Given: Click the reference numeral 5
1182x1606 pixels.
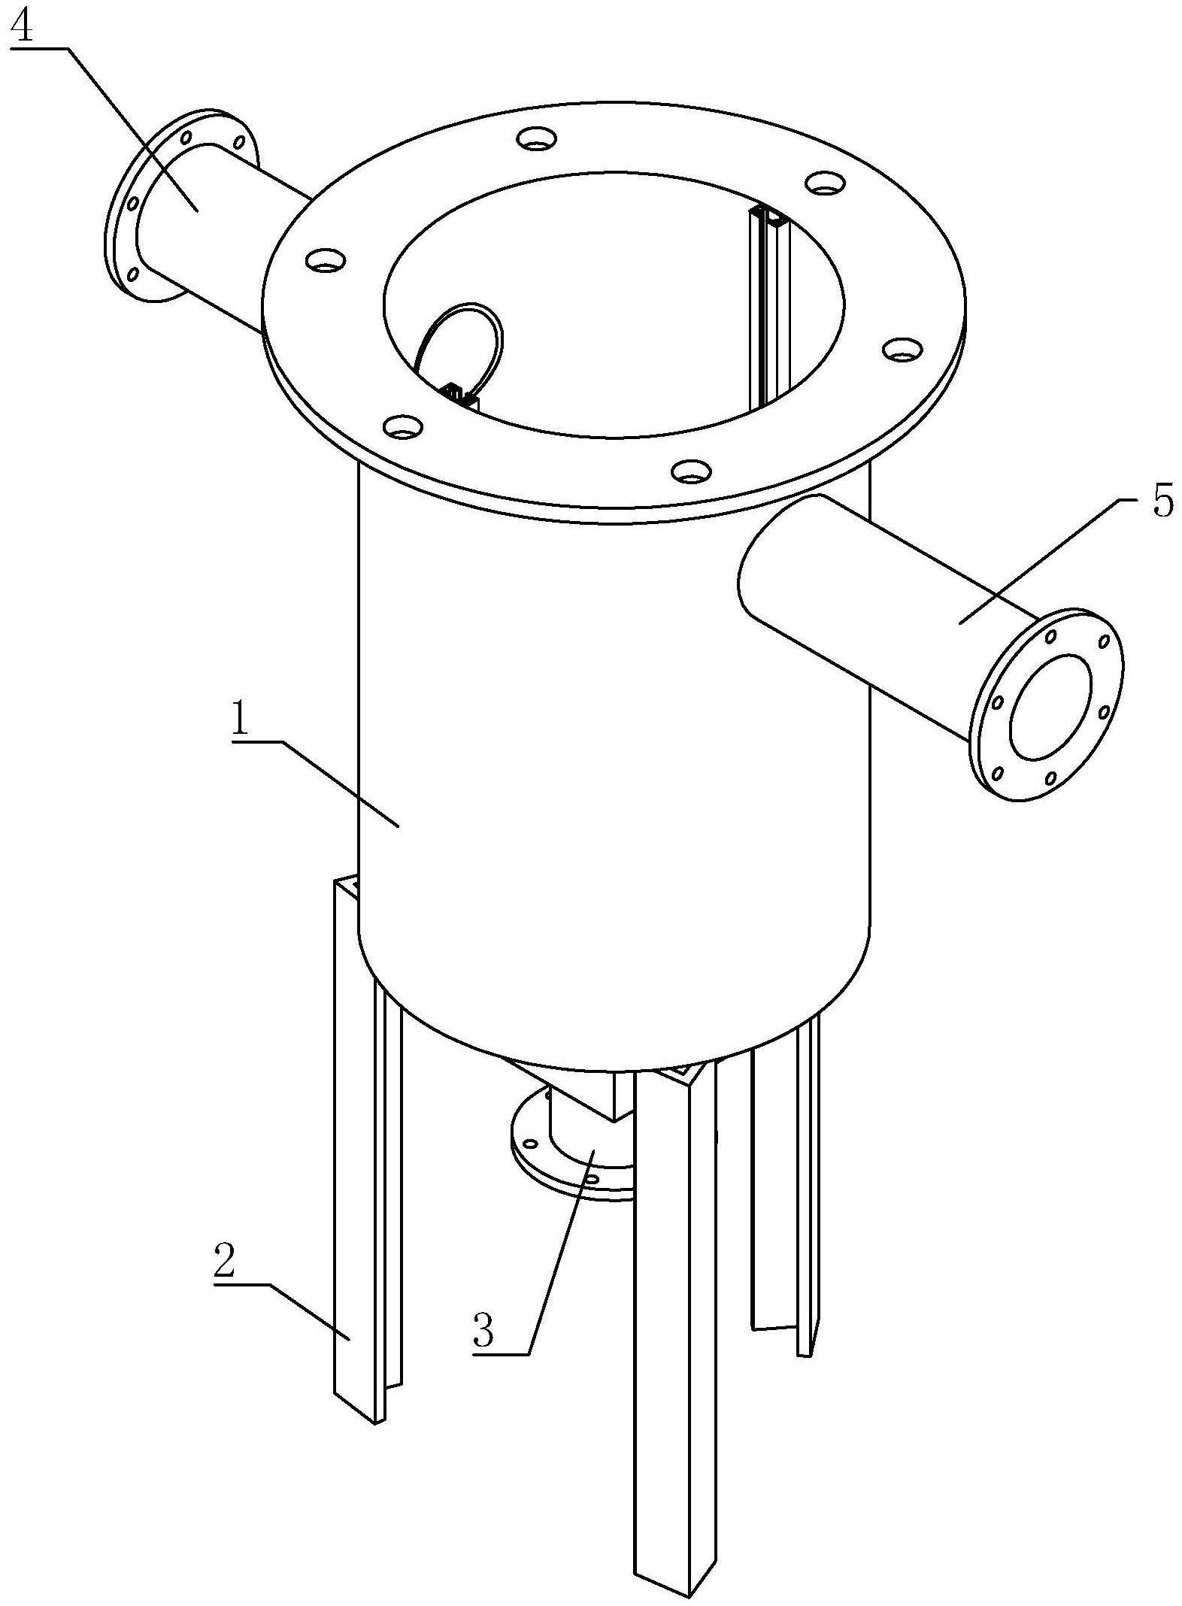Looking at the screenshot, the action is coord(1161,503).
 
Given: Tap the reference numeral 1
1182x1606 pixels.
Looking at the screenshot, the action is coord(240,720).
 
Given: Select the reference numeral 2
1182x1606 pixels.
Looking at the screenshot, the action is coord(225,1262).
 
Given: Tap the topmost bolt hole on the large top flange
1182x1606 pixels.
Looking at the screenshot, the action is coord(537,138).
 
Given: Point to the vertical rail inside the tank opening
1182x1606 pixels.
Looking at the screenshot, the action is coord(765,308).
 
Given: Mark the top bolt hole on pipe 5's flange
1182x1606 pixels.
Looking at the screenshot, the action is coord(1051,637).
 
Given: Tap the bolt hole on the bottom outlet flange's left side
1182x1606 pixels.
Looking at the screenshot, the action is coord(531,1144).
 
